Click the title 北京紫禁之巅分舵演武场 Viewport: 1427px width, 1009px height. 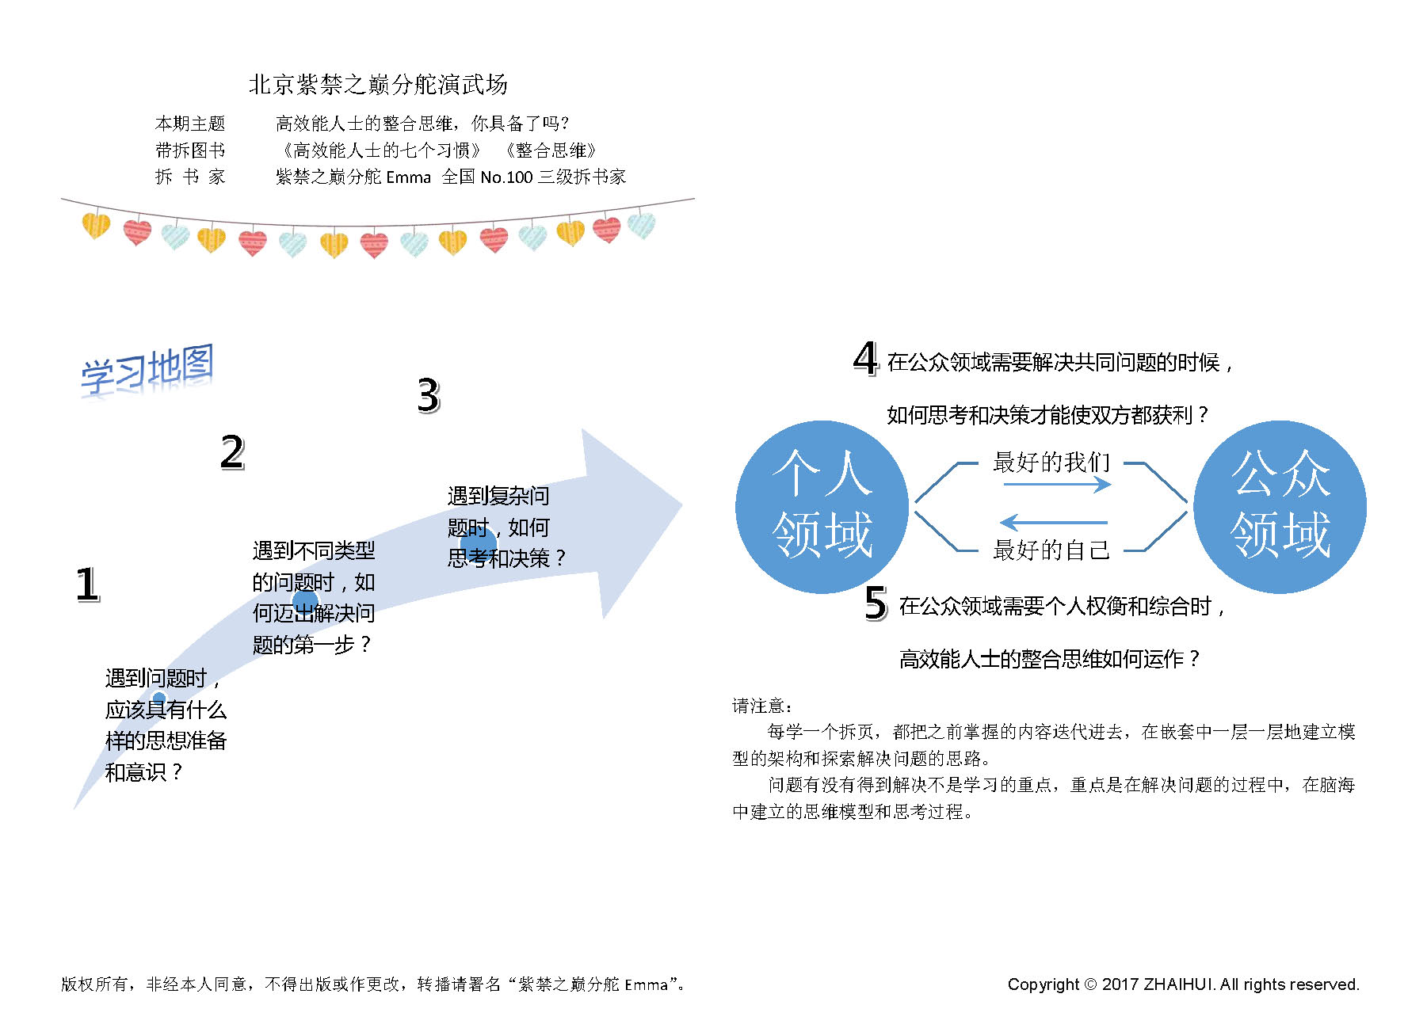coord(378,84)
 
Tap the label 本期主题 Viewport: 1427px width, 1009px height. coord(190,124)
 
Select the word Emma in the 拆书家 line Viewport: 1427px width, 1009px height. coord(408,177)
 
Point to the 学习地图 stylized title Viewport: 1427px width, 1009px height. coord(147,369)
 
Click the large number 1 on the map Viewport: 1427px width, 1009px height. coord(87,584)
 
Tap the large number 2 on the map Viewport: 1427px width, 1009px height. coord(232,453)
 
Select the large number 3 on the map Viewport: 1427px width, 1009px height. coord(428,395)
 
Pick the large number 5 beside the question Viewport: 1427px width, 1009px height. coord(876,603)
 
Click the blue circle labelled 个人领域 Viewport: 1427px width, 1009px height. coord(822,507)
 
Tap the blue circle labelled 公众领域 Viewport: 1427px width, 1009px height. coord(1280,507)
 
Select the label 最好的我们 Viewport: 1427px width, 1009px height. coord(1051,463)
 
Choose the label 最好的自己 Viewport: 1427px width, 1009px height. coord(1051,550)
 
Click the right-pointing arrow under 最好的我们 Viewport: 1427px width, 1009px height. coord(1057,485)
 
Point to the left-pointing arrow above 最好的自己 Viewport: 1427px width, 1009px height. coord(1054,523)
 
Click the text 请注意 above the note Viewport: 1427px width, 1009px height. coord(761,706)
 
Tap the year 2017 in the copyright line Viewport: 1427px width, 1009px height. coord(1120,984)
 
